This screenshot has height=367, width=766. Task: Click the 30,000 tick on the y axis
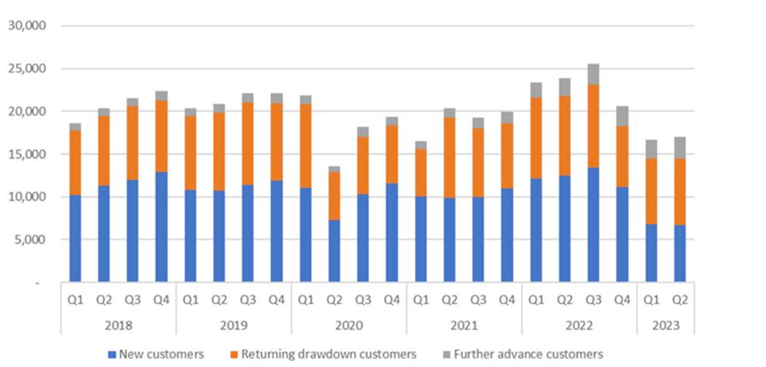28,25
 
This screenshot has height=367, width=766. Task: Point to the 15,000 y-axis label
28,154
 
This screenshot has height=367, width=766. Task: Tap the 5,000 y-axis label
31,239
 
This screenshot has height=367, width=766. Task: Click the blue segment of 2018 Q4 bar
161,227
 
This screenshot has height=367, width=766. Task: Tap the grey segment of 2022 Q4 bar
622,117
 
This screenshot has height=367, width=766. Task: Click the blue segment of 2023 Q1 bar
651,253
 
